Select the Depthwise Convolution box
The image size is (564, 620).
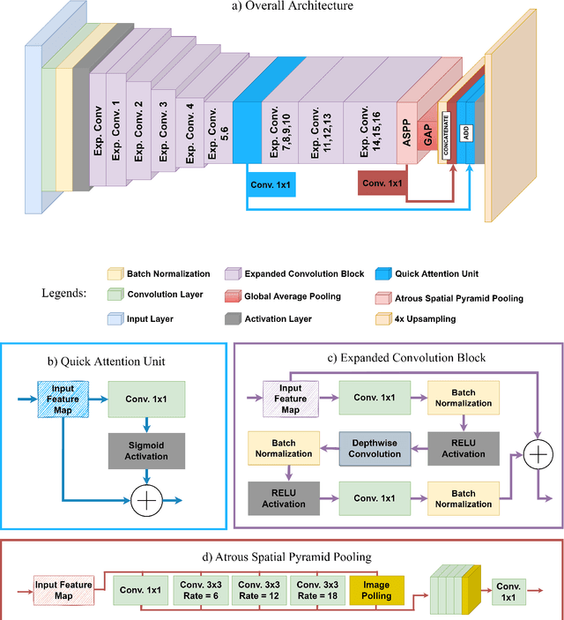coord(375,448)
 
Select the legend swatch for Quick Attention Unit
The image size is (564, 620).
coord(384,274)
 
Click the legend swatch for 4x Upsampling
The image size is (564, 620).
coord(384,318)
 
